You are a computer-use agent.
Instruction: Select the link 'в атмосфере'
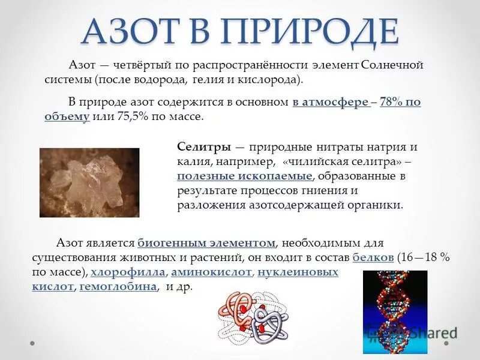coord(331,102)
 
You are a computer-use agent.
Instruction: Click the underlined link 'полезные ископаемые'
coord(245,176)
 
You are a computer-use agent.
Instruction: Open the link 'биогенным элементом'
coord(206,243)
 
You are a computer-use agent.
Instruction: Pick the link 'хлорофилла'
coord(128,272)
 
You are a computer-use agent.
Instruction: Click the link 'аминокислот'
coord(213,272)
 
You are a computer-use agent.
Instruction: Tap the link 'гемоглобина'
coord(118,286)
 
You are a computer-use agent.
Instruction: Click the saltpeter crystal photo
coord(89,182)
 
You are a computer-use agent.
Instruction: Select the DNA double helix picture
coord(394,312)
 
